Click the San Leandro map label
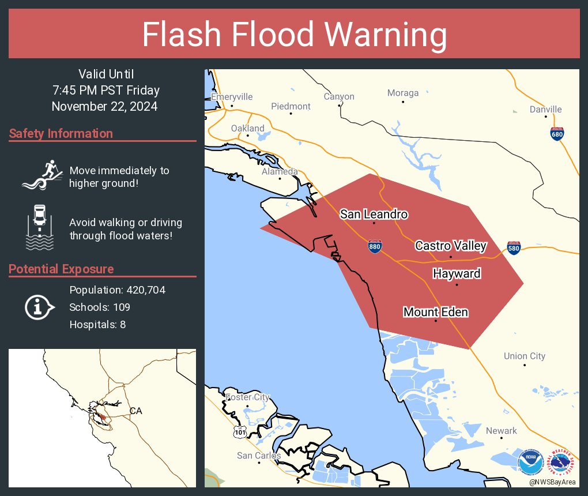pyautogui.click(x=374, y=215)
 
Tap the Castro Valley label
pyautogui.click(x=451, y=246)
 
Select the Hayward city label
pyautogui.click(x=457, y=273)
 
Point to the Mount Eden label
pyautogui.click(x=435, y=313)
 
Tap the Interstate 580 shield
pyautogui.click(x=514, y=247)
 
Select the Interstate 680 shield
pyautogui.click(x=557, y=133)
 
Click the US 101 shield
pyautogui.click(x=239, y=430)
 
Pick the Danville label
pyautogui.click(x=545, y=110)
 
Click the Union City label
pyautogui.click(x=524, y=356)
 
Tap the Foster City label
pyautogui.click(x=247, y=397)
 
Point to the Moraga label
pyautogui.click(x=402, y=93)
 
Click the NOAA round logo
pyautogui.click(x=530, y=463)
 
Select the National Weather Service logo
pyautogui.click(x=563, y=463)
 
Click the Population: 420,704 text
pyautogui.click(x=117, y=290)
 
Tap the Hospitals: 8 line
pyautogui.click(x=97, y=325)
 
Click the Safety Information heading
pyautogui.click(x=61, y=134)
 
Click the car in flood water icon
pyautogui.click(x=40, y=227)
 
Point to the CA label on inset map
pyautogui.click(x=135, y=411)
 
